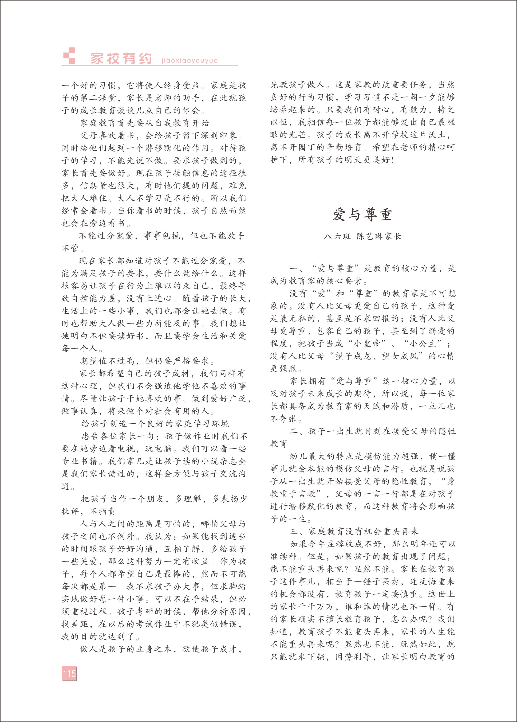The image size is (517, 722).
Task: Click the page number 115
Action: click(x=69, y=673)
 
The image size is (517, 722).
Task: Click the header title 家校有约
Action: click(x=121, y=59)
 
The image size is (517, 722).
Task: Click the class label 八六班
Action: click(x=337, y=236)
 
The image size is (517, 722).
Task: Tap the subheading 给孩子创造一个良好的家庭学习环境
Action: click(x=155, y=424)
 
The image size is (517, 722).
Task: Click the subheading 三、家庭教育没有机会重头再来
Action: click(x=354, y=531)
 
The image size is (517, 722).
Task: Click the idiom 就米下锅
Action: click(x=302, y=657)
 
